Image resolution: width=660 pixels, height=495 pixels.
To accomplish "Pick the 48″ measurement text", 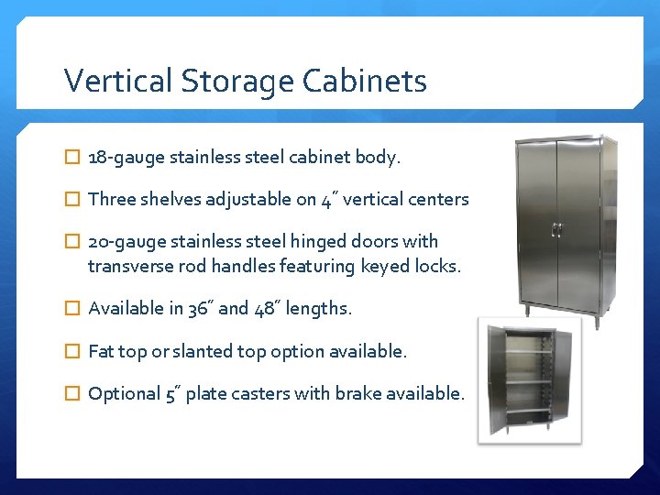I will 264,309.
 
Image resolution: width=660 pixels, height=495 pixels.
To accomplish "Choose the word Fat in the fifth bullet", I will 101,351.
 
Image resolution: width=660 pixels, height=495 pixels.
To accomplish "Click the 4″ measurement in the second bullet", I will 327,199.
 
